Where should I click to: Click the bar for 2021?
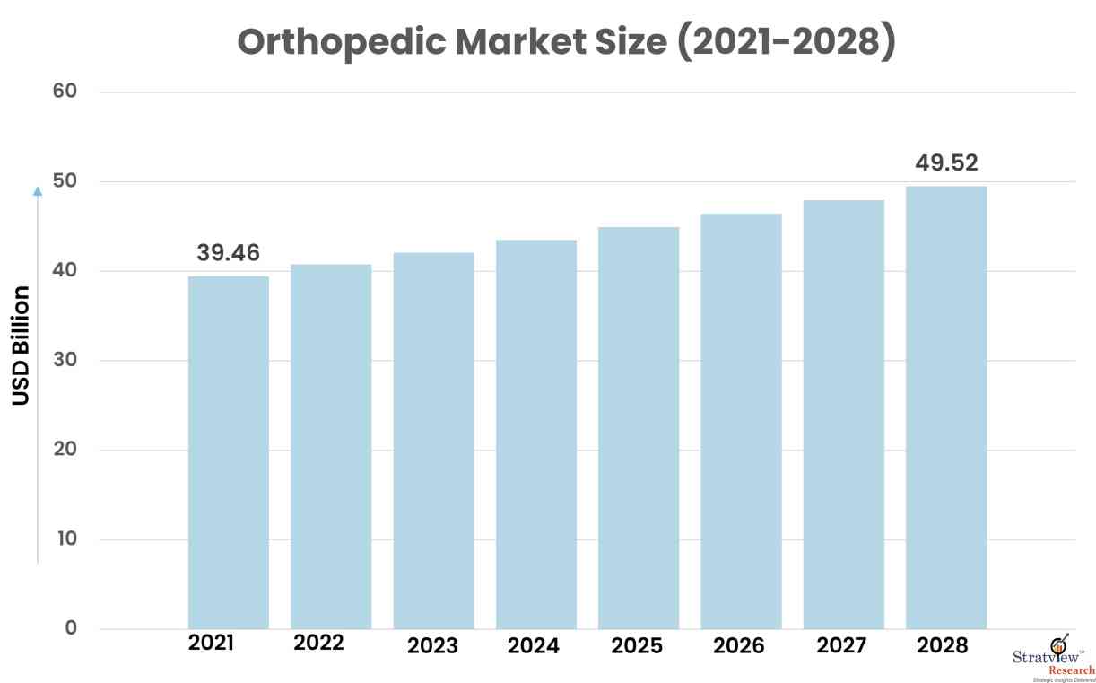[x=228, y=452]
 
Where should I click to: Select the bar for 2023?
[x=433, y=441]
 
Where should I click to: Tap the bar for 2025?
[x=639, y=428]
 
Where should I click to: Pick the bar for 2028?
[x=946, y=407]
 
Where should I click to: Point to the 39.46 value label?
[x=228, y=253]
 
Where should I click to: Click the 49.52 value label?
[x=946, y=163]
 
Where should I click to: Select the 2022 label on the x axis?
[x=318, y=644]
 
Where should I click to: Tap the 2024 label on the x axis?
[x=533, y=646]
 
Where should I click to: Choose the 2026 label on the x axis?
[x=740, y=645]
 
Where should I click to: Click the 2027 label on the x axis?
[x=841, y=645]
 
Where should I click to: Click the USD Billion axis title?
[x=22, y=346]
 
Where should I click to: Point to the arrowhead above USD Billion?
[x=37, y=190]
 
